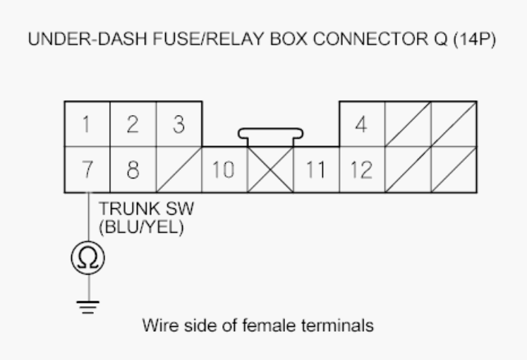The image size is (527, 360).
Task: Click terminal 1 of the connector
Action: click(x=87, y=124)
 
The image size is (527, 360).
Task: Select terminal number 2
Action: click(x=133, y=124)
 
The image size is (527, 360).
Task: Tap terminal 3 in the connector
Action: click(x=178, y=124)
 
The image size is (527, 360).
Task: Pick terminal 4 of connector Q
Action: click(x=362, y=124)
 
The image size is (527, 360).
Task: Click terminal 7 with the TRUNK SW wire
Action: click(x=87, y=169)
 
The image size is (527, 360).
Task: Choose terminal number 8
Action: click(x=133, y=169)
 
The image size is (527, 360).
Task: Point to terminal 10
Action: click(x=224, y=169)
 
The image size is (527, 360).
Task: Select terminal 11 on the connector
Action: click(x=316, y=169)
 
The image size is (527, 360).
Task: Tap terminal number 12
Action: click(x=362, y=169)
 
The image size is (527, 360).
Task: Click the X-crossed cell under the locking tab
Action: click(x=270, y=169)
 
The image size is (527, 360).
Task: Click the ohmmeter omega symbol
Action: click(x=88, y=258)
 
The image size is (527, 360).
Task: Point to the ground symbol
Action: click(x=88, y=307)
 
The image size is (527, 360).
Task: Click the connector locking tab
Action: click(x=271, y=133)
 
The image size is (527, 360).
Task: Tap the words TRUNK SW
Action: click(x=146, y=209)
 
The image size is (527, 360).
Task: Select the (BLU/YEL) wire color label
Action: click(x=141, y=227)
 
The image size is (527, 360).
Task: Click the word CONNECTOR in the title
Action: click(x=370, y=39)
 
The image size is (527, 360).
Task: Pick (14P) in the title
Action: click(x=475, y=40)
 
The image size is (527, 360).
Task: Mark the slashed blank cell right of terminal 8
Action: click(x=178, y=169)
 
